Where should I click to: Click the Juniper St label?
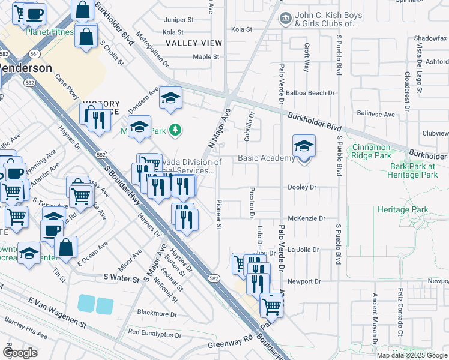pos(178,19)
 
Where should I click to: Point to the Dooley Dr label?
pos(302,187)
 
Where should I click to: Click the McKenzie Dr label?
pos(306,219)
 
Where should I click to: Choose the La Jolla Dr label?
pos(303,249)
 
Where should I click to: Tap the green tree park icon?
pos(175,129)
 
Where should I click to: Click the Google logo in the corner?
pos(20,352)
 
